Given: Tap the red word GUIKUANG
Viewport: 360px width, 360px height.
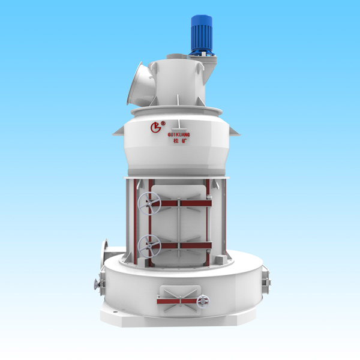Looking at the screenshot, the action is [179, 135].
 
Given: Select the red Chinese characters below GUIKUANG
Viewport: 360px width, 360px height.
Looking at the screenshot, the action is [180, 141].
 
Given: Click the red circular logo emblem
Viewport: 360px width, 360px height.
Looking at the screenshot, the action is [155, 127].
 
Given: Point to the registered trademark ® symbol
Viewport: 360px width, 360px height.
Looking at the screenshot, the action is [163, 123].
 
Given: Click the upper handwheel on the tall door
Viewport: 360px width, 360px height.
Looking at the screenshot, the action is [149, 203].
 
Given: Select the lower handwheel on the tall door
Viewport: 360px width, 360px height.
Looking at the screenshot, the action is [149, 246].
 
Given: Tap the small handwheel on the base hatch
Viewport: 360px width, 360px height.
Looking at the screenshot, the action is [203, 301].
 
